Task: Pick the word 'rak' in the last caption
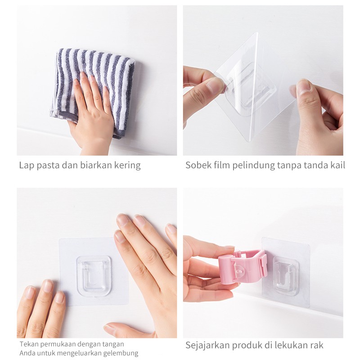(x=316, y=346)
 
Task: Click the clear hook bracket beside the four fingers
(x=94, y=276)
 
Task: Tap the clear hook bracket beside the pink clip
(x=286, y=275)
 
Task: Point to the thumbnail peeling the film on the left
(x=215, y=85)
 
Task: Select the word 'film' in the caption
(x=223, y=165)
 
